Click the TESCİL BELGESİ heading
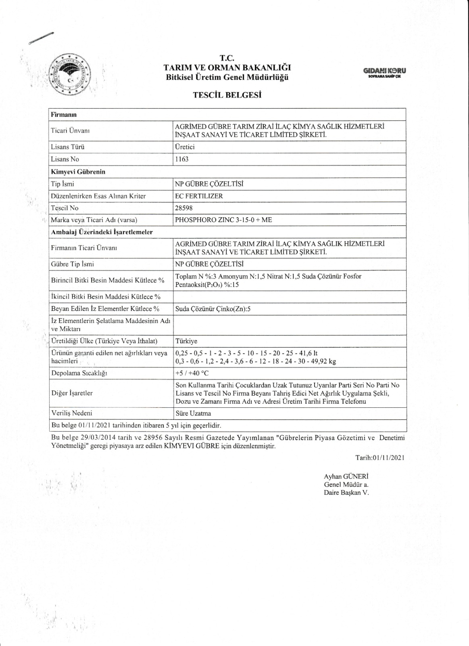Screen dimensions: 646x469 click(227, 95)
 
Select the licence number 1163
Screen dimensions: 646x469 click(181, 159)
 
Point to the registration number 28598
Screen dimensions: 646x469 click(183, 208)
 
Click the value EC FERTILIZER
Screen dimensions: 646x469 click(198, 196)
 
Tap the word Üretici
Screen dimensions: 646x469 click(185, 147)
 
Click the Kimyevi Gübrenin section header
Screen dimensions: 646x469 click(78, 172)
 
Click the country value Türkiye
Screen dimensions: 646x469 click(186, 341)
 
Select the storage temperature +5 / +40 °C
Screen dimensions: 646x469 click(192, 373)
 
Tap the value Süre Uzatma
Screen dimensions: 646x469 click(193, 413)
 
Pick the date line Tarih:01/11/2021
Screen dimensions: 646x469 click(379, 457)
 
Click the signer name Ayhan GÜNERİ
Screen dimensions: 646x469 click(346, 476)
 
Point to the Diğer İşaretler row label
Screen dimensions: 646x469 click(72, 393)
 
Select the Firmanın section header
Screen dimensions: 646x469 click(64, 115)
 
